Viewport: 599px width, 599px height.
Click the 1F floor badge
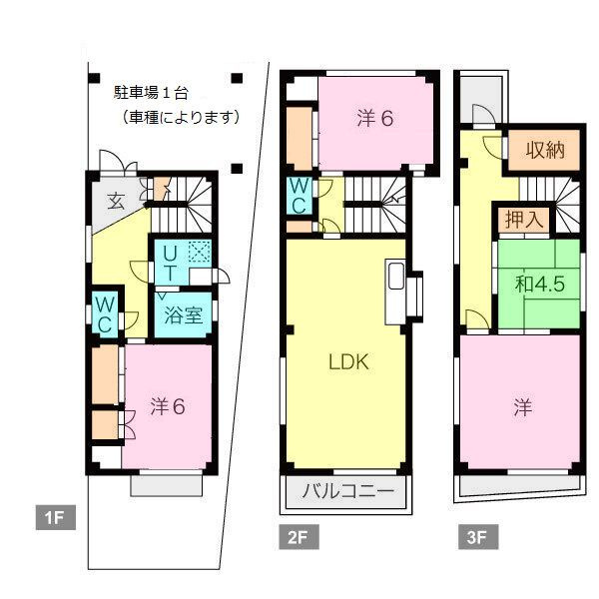(51, 517)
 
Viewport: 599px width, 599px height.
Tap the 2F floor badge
(297, 538)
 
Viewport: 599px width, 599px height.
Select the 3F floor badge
(475, 538)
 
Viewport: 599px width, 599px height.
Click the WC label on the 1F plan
(104, 313)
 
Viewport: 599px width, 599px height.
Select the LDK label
(349, 362)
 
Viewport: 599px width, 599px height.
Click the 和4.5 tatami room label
(540, 283)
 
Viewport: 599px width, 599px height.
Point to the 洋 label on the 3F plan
(522, 407)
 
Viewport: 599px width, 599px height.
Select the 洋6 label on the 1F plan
(168, 406)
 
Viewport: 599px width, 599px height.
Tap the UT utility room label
(171, 262)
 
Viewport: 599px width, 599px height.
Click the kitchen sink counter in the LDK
(396, 291)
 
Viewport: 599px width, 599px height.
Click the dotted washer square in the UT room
(200, 253)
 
